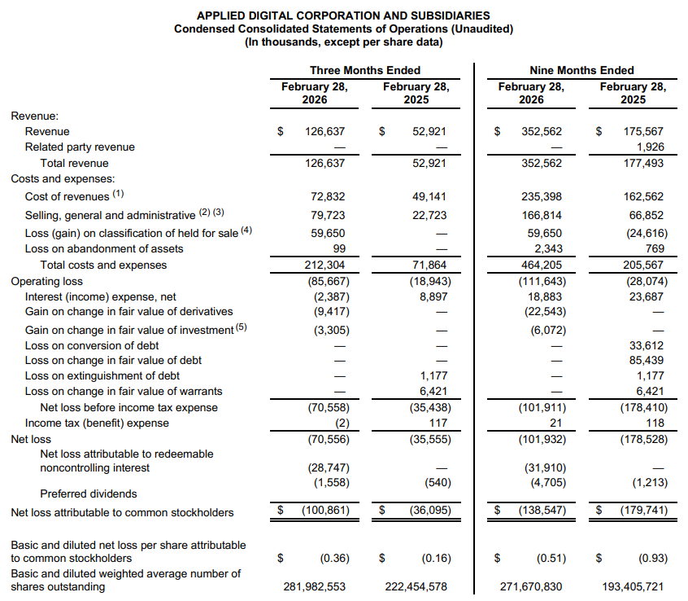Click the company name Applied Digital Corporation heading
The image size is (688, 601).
point(343,15)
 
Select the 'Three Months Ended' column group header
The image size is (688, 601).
point(365,70)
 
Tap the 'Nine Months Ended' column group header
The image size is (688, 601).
point(581,70)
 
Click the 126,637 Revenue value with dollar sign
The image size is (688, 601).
point(324,131)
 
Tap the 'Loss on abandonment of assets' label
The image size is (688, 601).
point(104,248)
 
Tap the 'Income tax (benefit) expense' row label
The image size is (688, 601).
point(97,423)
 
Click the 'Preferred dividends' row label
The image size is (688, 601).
point(89,494)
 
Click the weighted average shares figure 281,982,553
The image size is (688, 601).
point(314,586)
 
